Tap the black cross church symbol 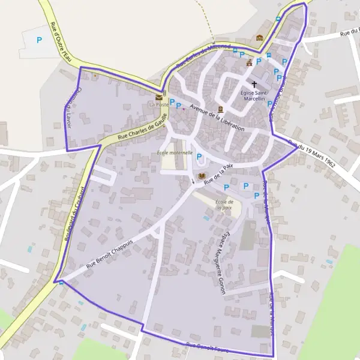tap(254, 85)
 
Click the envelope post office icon tap(159, 96)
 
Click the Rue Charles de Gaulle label tap(140, 131)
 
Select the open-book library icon tap(200, 176)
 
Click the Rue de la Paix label tap(218, 173)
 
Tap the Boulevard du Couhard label tap(74, 213)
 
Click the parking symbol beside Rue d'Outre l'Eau tap(40, 40)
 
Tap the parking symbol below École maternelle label tap(200, 158)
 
